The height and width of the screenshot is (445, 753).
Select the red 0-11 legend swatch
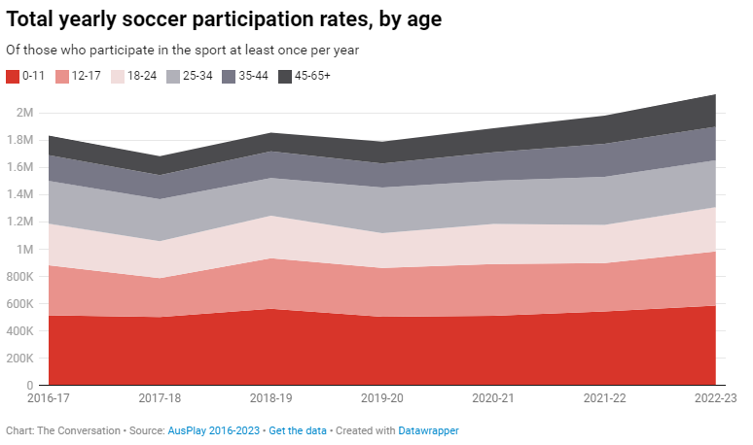point(13,76)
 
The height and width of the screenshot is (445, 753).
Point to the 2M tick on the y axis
point(24,113)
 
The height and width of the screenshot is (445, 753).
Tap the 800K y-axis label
point(19,277)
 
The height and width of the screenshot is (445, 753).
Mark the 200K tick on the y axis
point(19,359)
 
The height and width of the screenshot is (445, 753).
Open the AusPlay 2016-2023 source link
point(217,430)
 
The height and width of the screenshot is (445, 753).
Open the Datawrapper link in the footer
point(428,430)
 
